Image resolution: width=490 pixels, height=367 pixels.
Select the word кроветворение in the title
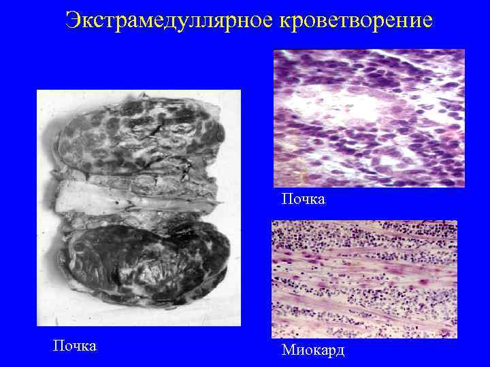[356, 20]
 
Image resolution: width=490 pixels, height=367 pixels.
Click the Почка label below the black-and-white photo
[75, 345]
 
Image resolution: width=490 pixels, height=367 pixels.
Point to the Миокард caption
[313, 350]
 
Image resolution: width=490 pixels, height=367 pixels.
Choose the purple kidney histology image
[368, 118]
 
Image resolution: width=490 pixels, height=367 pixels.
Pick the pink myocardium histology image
[364, 279]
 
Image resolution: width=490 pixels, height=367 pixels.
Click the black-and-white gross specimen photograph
[139, 207]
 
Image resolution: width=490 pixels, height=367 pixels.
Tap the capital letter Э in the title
[73, 20]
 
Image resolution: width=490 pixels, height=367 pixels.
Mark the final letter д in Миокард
[340, 351]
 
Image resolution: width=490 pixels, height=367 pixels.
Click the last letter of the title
[427, 21]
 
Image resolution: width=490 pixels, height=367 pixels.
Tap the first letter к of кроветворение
[284, 21]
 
